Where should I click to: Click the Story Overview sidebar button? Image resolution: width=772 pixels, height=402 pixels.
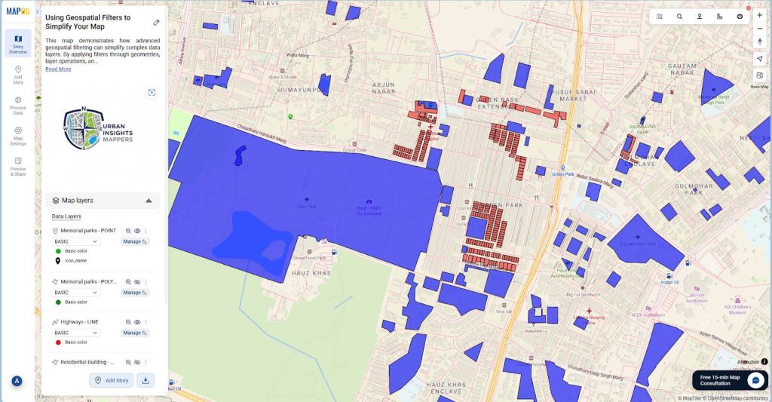18,43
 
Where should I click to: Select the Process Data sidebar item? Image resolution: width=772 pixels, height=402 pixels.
18,104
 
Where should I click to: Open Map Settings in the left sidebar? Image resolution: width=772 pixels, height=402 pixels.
18,134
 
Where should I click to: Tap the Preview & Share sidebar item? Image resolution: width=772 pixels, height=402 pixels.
18,166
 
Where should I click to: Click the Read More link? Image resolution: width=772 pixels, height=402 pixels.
58,69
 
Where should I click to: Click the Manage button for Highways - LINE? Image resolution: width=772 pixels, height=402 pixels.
135,333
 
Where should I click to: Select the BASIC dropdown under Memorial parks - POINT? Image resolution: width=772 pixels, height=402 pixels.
76,241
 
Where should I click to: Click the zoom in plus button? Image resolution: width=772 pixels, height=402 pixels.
759,16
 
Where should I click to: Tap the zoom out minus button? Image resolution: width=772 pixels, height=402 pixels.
759,29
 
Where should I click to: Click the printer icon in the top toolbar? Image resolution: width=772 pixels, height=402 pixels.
740,16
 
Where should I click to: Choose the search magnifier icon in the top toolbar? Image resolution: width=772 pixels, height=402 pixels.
679,16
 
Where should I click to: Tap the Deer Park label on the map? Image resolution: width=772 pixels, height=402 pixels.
307,206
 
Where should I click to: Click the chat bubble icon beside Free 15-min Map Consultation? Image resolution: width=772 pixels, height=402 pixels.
755,379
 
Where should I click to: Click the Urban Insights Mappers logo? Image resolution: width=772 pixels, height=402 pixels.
99,129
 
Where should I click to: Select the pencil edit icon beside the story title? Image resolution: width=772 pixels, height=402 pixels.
156,23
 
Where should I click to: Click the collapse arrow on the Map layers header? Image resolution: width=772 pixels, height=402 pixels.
149,201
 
